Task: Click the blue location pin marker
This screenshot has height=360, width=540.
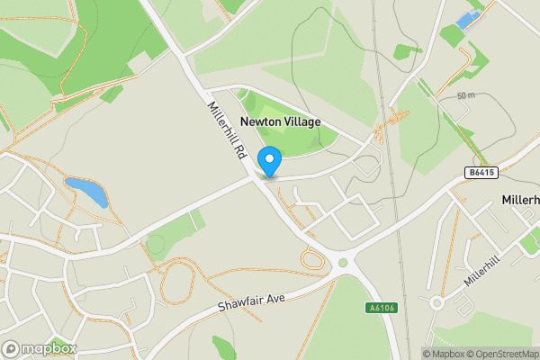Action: pyautogui.click(x=269, y=161)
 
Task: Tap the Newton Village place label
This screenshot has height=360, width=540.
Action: pyautogui.click(x=280, y=122)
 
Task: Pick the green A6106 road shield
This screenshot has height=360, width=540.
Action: pyautogui.click(x=382, y=308)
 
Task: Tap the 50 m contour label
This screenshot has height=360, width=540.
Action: pyautogui.click(x=466, y=95)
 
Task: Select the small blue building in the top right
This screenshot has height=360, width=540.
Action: pyautogui.click(x=467, y=20)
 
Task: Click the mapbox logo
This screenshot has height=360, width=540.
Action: pyautogui.click(x=40, y=348)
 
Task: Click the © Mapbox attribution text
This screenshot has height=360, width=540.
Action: pyautogui.click(x=443, y=354)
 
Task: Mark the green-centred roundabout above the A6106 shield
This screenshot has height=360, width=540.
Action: pyautogui.click(x=343, y=262)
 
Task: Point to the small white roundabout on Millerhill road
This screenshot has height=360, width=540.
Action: pyautogui.click(x=436, y=303)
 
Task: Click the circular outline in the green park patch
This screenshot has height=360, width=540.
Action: pyautogui.click(x=156, y=244)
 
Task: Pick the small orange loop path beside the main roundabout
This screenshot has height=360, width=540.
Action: pyautogui.click(x=313, y=260)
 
